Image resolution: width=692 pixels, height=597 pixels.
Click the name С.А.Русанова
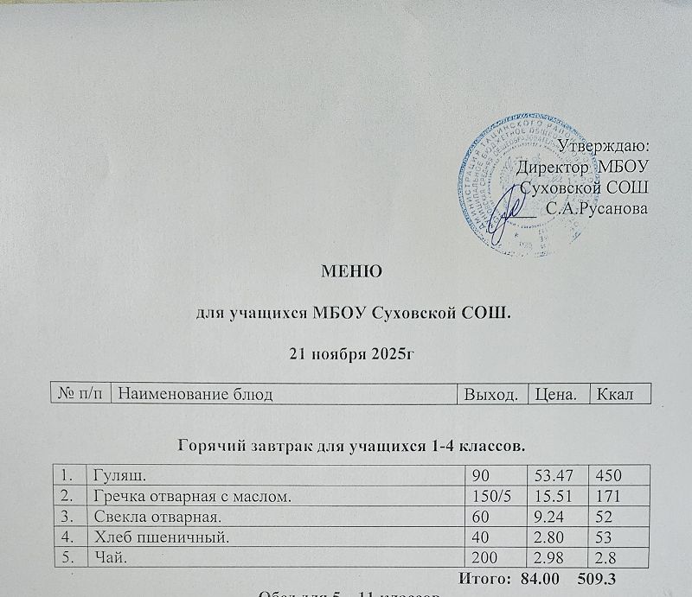(597, 207)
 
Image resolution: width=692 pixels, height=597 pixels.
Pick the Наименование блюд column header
(195, 395)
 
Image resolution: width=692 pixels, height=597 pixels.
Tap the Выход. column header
(491, 395)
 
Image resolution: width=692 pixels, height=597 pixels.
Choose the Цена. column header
(554, 395)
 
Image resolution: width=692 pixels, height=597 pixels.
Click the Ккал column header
(614, 395)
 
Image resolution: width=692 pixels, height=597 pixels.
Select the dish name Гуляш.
(114, 475)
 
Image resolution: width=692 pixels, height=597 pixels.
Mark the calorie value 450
(608, 475)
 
